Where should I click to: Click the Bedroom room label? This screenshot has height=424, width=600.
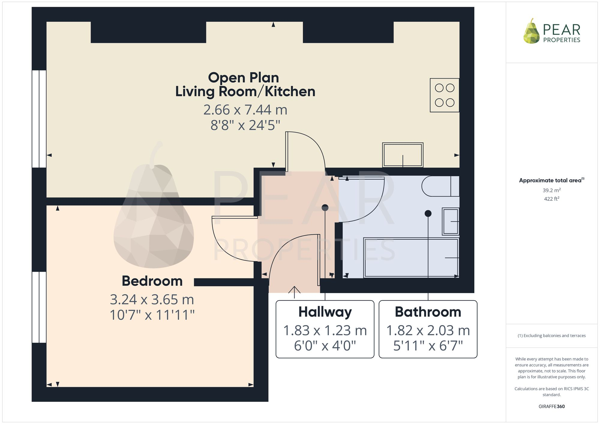152,281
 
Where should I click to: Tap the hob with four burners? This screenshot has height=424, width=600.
444,95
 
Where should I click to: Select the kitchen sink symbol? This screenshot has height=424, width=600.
403,155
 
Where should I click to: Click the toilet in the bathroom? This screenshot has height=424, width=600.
440,186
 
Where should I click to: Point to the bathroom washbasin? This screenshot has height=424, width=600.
450,221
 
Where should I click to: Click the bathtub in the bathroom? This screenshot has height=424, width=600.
411,258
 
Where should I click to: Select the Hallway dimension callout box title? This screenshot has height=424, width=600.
325,312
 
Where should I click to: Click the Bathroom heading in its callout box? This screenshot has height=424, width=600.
428,312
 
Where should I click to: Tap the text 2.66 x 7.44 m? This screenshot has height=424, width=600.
245,110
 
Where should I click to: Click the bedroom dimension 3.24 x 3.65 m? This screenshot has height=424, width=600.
152,300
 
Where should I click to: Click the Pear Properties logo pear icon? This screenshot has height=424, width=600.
531,31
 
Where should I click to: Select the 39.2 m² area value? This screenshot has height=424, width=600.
551,190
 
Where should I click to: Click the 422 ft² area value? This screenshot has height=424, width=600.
551,199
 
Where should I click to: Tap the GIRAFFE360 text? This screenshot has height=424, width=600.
551,407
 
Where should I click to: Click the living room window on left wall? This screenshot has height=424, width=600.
39,119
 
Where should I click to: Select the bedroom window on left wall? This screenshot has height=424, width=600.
39,307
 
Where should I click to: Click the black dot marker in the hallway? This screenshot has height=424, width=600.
325,207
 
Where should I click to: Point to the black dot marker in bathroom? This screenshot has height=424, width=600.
428,213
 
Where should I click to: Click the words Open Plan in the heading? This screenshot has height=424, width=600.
243,78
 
